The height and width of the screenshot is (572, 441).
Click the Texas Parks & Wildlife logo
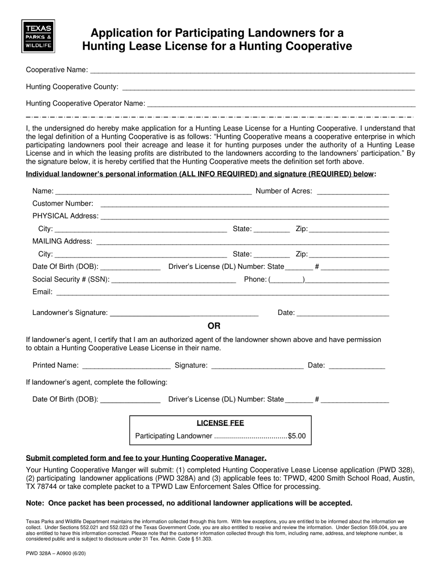pyautogui.click(x=38, y=36)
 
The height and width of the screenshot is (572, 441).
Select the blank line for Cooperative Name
pyautogui.click(x=252, y=72)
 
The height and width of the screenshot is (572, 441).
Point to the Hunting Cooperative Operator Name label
pyautogui.click(x=85, y=103)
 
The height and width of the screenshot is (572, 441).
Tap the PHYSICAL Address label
pyautogui.click(x=65, y=216)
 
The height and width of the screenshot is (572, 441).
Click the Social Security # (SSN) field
pyautogui.click(x=174, y=281)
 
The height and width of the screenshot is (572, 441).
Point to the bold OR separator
pyautogui.click(x=214, y=326)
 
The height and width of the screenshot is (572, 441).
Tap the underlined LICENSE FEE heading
pyautogui.click(x=220, y=423)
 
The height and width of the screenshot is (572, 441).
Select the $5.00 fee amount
pyautogui.click(x=297, y=436)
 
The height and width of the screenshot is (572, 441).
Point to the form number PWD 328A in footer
pyautogui.click(x=39, y=554)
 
